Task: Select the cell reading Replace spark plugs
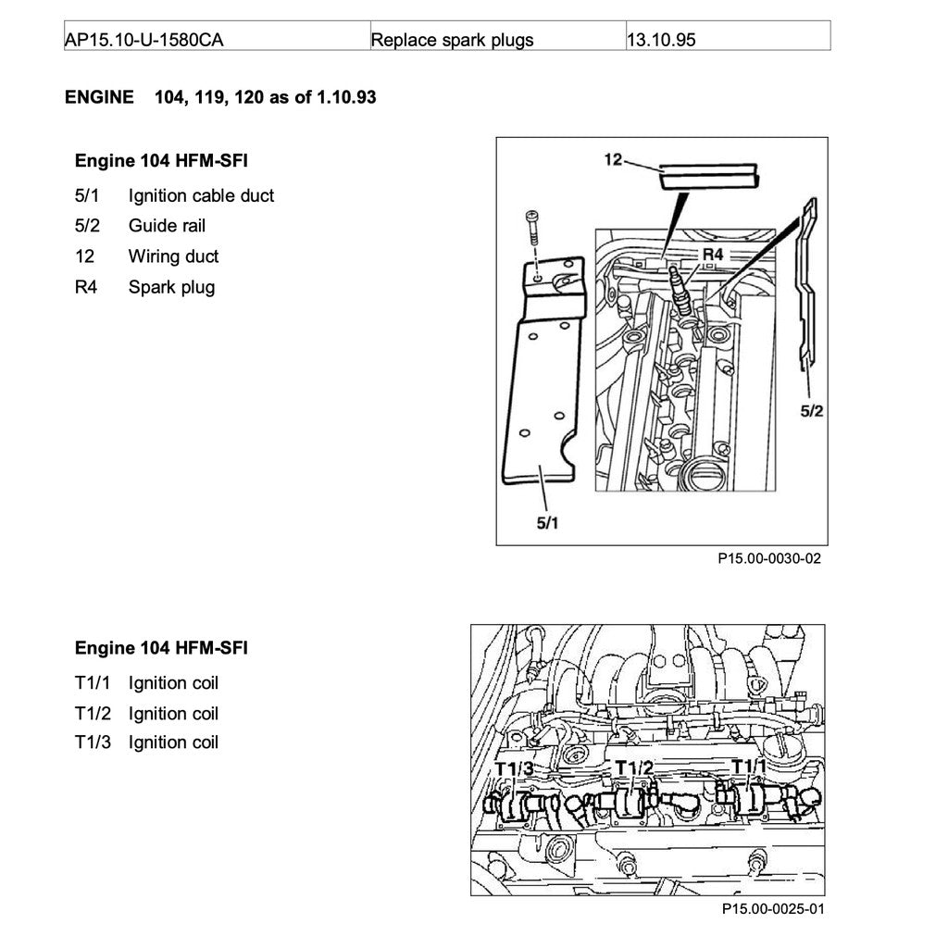pos(451,40)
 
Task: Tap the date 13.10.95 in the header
pos(661,40)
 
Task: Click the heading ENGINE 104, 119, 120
pos(220,97)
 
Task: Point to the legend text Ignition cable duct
pos(201,195)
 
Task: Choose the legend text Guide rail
pos(167,226)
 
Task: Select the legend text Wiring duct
pos(173,256)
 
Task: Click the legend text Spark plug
pos(171,287)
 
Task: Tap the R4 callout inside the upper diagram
pos(712,254)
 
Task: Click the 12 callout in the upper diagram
pos(613,159)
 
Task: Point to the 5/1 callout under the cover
pos(548,523)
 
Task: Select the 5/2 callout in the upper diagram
pos(811,410)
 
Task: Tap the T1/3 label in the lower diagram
pos(514,768)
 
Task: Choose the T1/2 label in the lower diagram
pos(634,767)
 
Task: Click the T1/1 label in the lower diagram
pos(750,767)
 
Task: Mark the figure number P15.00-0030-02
pos(768,559)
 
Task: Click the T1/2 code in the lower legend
pos(93,714)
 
